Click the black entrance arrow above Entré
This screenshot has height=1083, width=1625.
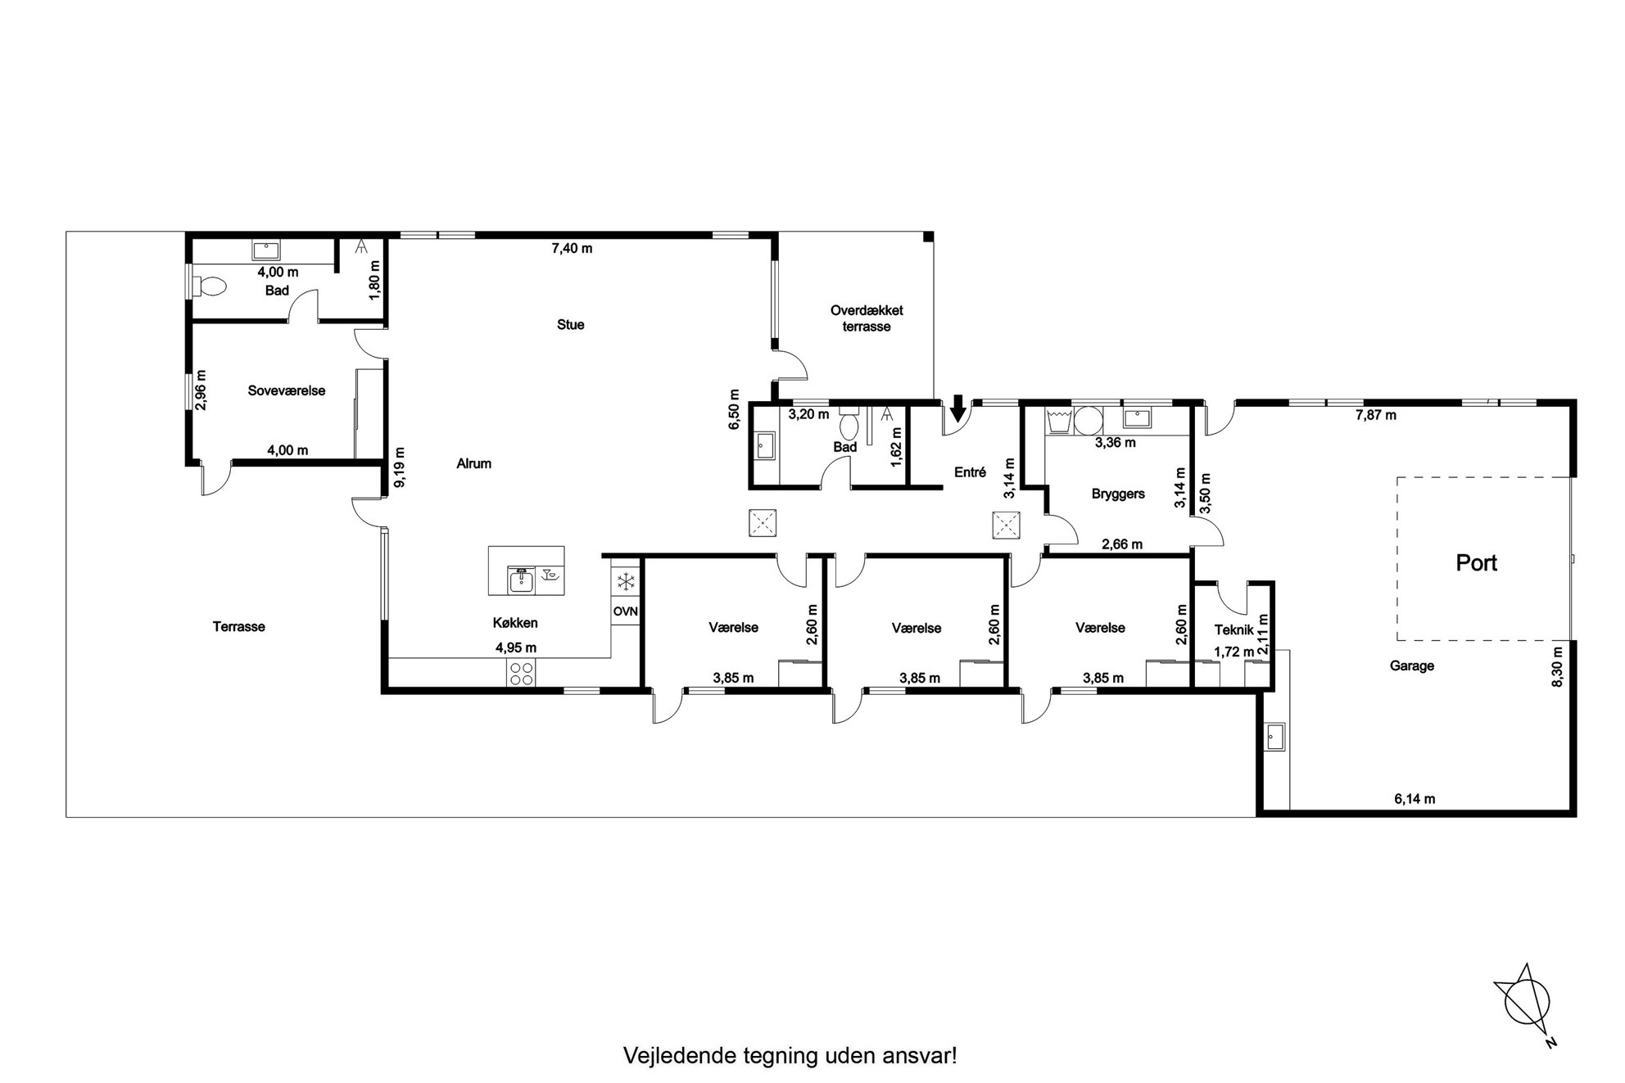pyautogui.click(x=957, y=405)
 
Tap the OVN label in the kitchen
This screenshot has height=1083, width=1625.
pyautogui.click(x=625, y=611)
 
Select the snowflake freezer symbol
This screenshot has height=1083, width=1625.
pyautogui.click(x=626, y=583)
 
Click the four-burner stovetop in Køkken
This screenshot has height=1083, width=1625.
pyautogui.click(x=522, y=674)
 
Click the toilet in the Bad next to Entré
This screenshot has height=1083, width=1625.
pyautogui.click(x=849, y=424)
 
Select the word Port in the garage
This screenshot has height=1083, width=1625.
pyautogui.click(x=1476, y=563)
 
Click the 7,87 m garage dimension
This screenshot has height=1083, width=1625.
pyautogui.click(x=1376, y=415)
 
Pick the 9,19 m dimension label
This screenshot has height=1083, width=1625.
pyautogui.click(x=400, y=467)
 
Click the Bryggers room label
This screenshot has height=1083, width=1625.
pyautogui.click(x=1118, y=494)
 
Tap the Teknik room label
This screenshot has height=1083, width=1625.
pyautogui.click(x=1234, y=629)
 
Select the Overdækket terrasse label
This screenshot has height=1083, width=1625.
pyautogui.click(x=867, y=318)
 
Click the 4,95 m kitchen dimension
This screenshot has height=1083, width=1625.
pyautogui.click(x=516, y=648)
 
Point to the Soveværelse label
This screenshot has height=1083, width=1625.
pyautogui.click(x=287, y=390)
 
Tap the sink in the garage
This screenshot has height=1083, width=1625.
pyautogui.click(x=1274, y=736)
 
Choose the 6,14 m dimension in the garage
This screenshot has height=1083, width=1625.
pyautogui.click(x=1415, y=799)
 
